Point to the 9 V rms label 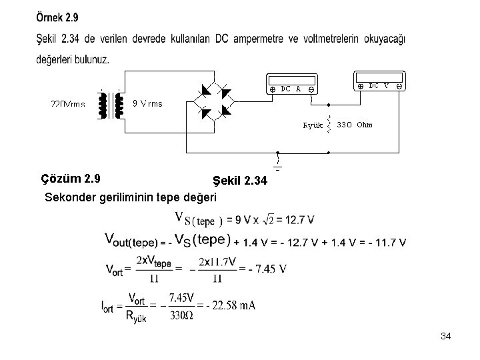coord(147,103)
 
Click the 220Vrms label coord(67,104)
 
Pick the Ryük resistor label coord(313,125)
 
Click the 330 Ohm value coord(354,124)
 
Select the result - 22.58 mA coord(231,305)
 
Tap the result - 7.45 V coord(267,269)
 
